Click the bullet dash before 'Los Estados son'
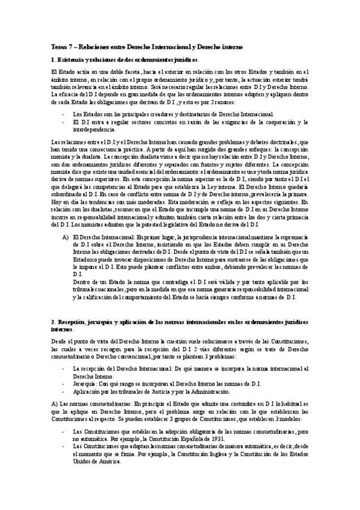[64, 114]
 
